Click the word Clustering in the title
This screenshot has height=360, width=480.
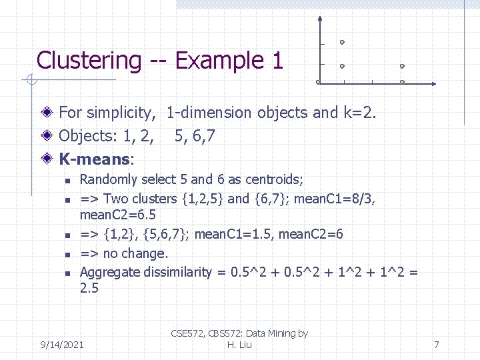[x=88, y=61]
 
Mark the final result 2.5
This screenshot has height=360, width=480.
[x=89, y=288]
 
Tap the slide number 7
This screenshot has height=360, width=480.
[x=436, y=345]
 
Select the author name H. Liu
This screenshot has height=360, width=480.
[x=239, y=344]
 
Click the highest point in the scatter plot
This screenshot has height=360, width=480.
[x=342, y=42]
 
